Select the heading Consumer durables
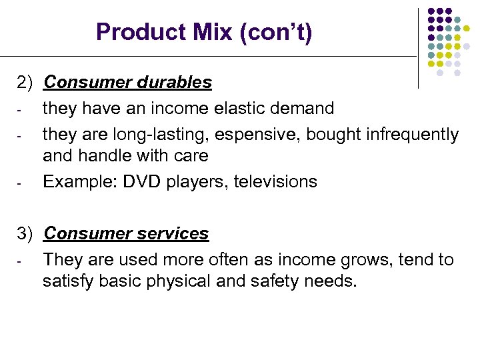click(127, 83)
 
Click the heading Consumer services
click(126, 234)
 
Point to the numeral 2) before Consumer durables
click(25, 83)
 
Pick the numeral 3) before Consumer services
click(25, 234)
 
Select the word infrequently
click(413, 134)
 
